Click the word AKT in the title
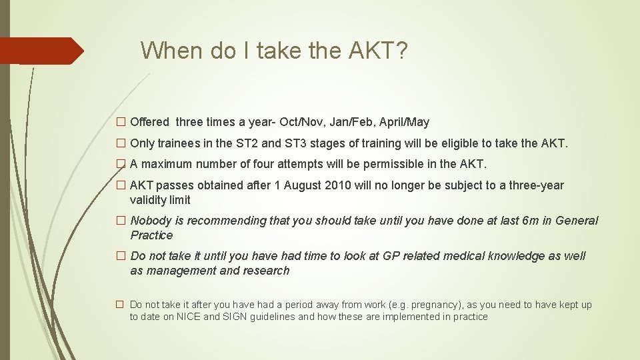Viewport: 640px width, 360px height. click(369, 51)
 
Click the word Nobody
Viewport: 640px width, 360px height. click(157, 221)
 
